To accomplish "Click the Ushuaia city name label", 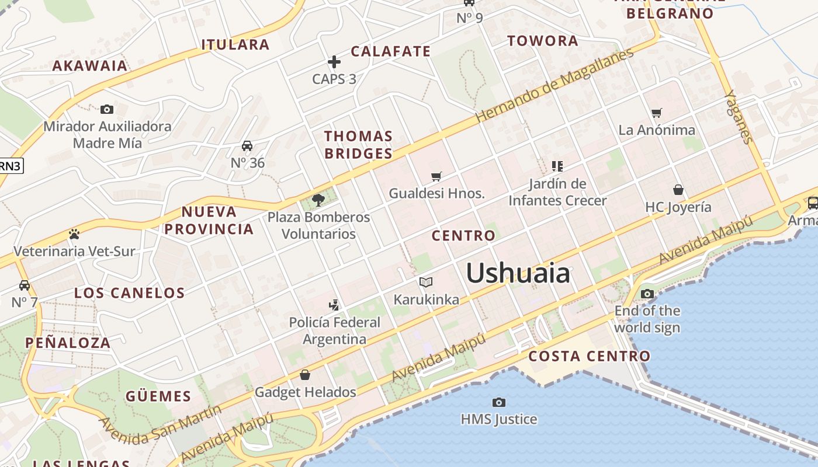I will point(518,273).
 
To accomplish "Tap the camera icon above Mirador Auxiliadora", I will point(107,109).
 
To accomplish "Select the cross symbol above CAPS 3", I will point(334,61).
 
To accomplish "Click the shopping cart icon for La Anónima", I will point(657,113).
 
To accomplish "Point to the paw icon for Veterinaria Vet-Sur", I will point(74,234).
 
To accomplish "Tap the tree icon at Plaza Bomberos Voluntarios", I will point(318,200).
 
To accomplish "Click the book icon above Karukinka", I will point(426,283).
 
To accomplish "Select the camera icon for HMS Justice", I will point(498,402).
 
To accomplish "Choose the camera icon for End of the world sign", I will point(647,294).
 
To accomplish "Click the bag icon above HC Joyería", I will point(678,190).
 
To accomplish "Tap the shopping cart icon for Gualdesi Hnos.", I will point(436,176).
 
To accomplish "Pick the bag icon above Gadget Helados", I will point(305,375).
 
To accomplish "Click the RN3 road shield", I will point(10,166).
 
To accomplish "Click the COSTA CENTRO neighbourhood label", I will point(589,356).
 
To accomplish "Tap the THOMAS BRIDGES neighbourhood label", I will point(358,145).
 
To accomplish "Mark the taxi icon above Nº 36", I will point(247,145).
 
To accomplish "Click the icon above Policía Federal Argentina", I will point(334,305).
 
